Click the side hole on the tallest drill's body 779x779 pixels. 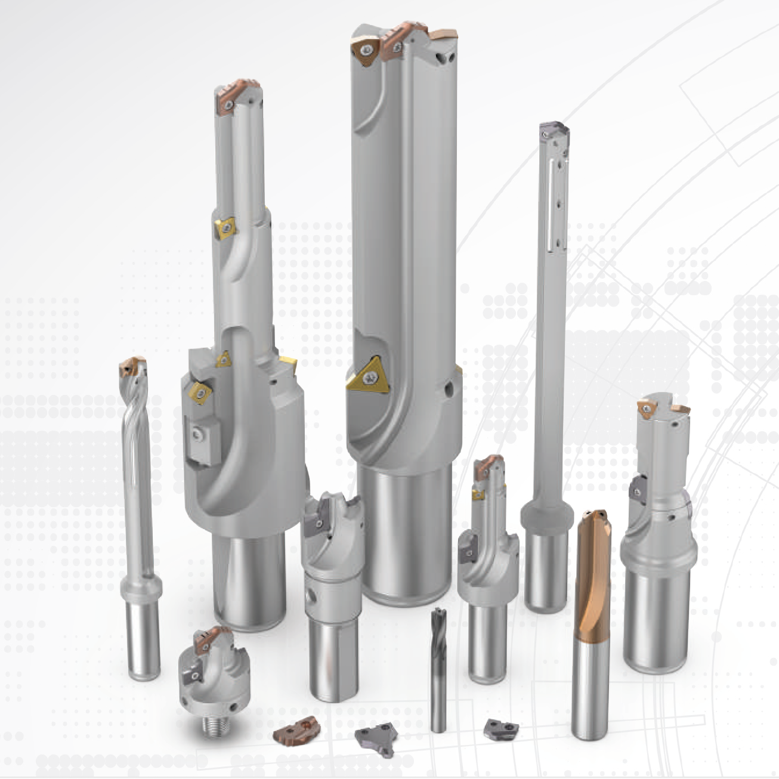447,391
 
